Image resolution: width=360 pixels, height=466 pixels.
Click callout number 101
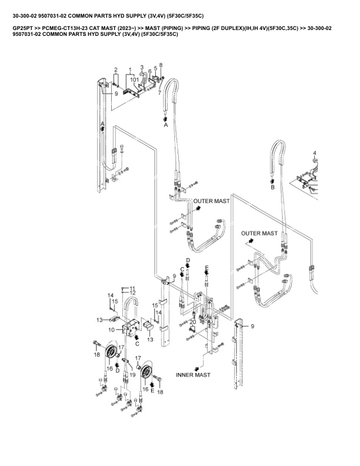pyautogui.click(x=135, y=79)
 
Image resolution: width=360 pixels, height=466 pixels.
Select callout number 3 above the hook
pyautogui.click(x=142, y=67)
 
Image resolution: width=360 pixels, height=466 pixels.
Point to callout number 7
pyautogui.click(x=159, y=92)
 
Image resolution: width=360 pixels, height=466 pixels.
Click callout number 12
pyautogui.click(x=133, y=292)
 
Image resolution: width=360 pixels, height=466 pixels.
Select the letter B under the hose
pyautogui.click(x=272, y=188)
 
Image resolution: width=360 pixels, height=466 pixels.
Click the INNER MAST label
pyautogui.click(x=194, y=374)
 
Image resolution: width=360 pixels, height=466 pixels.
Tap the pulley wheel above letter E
pyautogui.click(x=147, y=372)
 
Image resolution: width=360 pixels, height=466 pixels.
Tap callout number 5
pyautogui.click(x=155, y=69)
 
